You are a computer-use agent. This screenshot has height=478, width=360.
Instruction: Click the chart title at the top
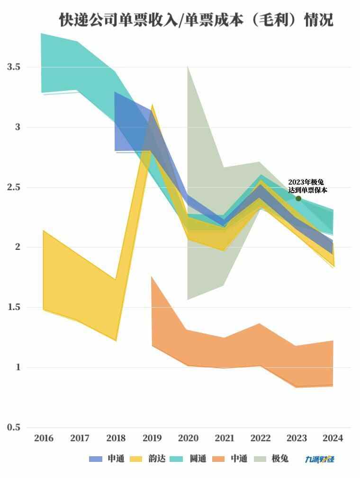click(196, 20)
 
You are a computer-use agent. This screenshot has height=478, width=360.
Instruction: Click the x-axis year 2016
click(44, 438)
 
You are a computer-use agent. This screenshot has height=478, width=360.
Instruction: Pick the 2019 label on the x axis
click(152, 438)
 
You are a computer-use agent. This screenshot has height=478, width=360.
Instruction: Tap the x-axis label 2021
click(225, 438)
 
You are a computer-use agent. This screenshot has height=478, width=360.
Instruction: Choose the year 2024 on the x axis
click(333, 438)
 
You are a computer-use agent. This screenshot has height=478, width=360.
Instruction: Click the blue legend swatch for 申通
click(96, 459)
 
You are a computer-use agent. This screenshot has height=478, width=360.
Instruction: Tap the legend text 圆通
click(198, 459)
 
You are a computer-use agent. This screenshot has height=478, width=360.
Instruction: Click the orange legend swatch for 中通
click(218, 459)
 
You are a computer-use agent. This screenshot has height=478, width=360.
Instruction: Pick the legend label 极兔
click(280, 459)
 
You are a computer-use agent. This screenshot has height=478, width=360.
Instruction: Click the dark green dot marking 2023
click(298, 198)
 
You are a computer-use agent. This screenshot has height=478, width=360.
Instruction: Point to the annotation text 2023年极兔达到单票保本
click(307, 186)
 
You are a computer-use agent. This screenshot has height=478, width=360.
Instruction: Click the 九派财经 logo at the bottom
click(320, 459)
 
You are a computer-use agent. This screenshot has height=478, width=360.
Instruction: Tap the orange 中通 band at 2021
click(225, 353)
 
